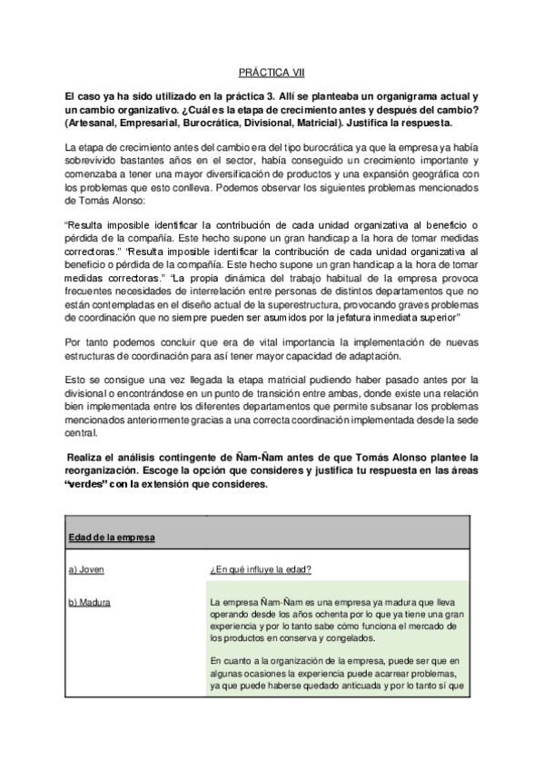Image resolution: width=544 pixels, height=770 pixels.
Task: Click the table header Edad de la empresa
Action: point(112,538)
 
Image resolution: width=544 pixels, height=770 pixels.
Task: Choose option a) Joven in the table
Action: point(87,570)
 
